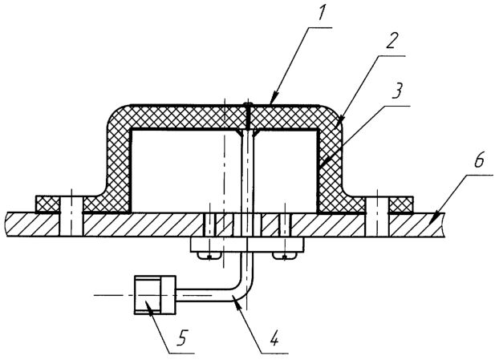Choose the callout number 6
[x=478, y=161]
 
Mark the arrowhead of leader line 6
[x=435, y=218]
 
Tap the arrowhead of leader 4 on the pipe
[x=237, y=305]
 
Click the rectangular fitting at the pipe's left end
[x=155, y=295]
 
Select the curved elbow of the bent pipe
[x=244, y=291]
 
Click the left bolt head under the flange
[x=209, y=256]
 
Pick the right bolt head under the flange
[x=285, y=256]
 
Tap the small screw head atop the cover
[x=249, y=104]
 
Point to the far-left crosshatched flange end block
[x=47, y=204]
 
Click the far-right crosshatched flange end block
[x=401, y=204]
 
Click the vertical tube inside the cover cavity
[x=248, y=170]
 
